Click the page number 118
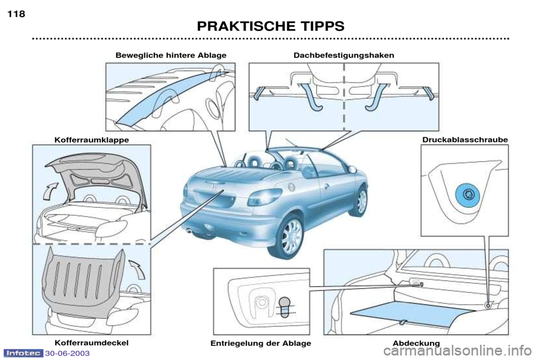16,14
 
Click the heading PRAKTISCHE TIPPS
270,26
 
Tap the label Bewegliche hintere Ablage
171,55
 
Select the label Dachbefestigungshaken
344,55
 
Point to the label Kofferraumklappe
92,140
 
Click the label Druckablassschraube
465,140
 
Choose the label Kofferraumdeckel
91,343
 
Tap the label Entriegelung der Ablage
260,344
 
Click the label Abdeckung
416,343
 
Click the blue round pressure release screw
468,195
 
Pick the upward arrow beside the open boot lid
50,191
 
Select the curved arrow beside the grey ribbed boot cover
138,269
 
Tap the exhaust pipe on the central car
188,230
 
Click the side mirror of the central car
352,170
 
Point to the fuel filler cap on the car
292,186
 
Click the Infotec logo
24,353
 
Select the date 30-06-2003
67,353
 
